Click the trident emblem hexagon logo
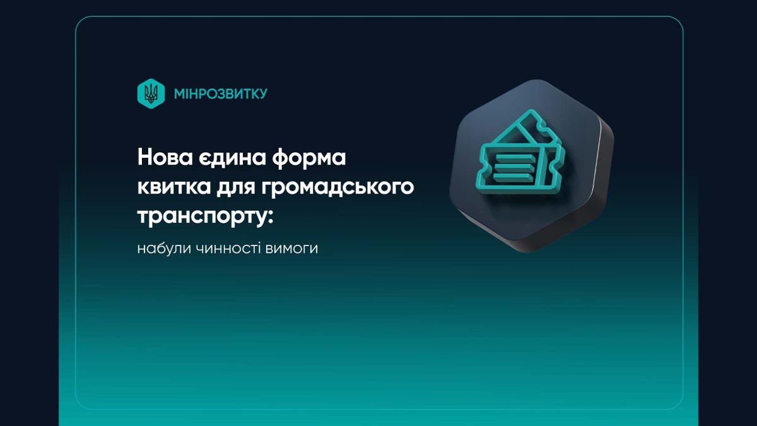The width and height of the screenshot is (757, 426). click(151, 93)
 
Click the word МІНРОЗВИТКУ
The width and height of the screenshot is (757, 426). click(220, 93)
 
